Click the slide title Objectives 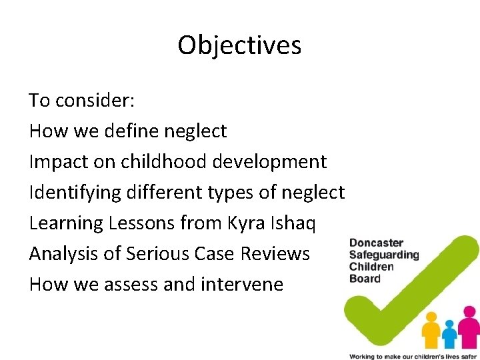click(239, 45)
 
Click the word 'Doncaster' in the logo click(377, 243)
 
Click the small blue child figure click(450, 333)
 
